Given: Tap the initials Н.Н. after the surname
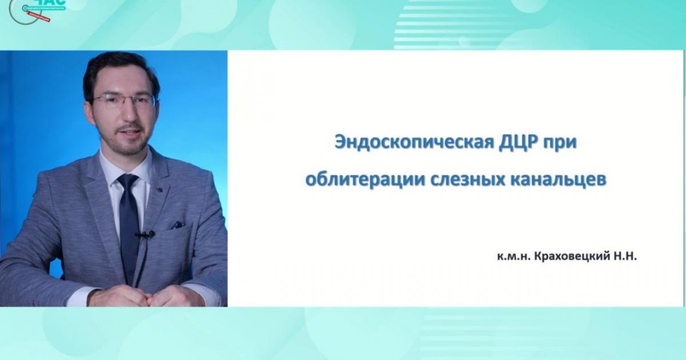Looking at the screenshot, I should (624, 258).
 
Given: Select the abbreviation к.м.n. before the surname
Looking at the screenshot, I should (514, 258).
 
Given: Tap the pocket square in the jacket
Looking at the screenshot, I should (177, 225).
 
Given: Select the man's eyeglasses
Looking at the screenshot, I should (124, 101).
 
